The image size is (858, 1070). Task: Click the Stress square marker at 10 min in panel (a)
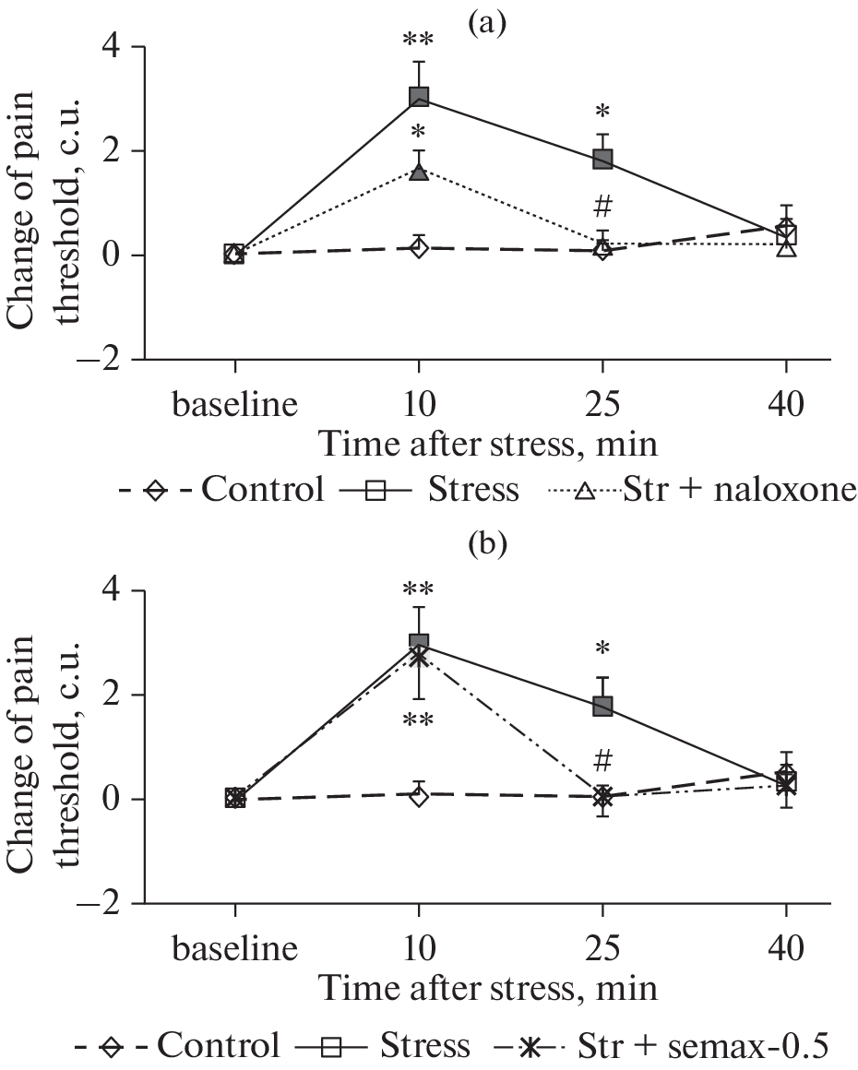[419, 97]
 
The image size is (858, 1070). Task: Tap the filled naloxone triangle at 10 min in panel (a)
[419, 172]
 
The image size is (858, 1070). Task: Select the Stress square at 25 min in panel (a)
[602, 159]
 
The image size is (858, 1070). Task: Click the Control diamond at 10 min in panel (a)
[419, 247]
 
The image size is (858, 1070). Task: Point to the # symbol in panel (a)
[603, 205]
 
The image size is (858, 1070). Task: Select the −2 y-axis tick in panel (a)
[110, 360]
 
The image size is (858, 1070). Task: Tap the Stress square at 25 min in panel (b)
[602, 706]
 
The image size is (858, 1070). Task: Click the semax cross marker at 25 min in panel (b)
[602, 796]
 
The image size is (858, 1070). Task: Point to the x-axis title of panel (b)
[488, 990]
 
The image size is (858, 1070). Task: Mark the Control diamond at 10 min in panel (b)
[419, 794]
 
